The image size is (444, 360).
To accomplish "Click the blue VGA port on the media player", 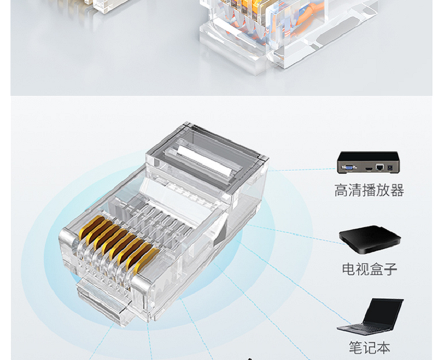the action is coord(349,168).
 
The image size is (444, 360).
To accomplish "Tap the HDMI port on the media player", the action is coord(368,169).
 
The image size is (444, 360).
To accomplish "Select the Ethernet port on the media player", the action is coord(379,167).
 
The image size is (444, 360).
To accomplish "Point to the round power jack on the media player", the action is coord(391,168).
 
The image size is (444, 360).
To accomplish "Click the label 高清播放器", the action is coord(369,190).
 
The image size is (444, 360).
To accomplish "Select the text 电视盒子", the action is coord(369,268).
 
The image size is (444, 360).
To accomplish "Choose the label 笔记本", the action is coord(369,348).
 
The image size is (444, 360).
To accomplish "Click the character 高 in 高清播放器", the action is coord(341,190).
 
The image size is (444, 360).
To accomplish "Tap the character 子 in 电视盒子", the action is coord(391,269).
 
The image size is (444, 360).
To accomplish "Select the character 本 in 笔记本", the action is coord(384,348).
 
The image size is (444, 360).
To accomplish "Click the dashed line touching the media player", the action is coord(303,170).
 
